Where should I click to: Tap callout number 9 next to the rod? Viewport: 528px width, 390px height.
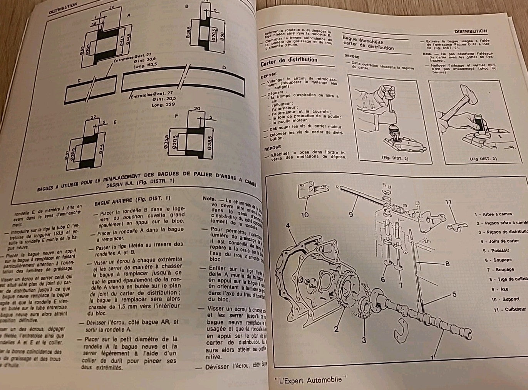tap(350, 213)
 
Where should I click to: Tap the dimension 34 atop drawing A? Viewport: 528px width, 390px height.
tap(111, 7)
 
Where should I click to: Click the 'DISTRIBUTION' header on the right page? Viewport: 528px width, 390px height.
tap(470, 31)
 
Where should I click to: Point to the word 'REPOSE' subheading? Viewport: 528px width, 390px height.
tap(272, 147)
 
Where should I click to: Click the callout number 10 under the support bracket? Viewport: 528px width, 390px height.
tap(305, 214)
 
